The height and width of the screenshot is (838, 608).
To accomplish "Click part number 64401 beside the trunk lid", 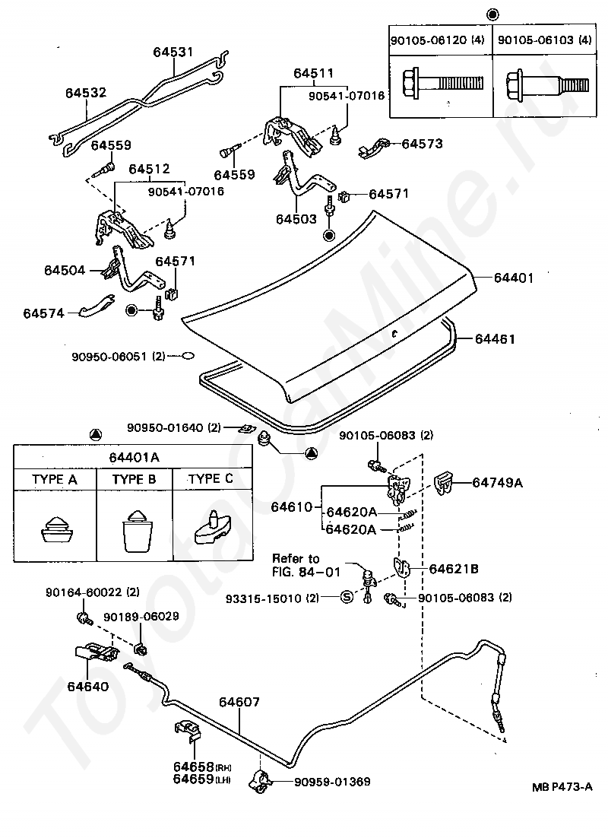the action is point(513,278).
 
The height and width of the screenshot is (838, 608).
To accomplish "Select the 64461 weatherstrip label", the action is point(495,339).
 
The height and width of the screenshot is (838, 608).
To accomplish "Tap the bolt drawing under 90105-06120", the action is point(442,83).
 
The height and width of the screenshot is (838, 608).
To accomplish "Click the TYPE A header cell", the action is point(55,479).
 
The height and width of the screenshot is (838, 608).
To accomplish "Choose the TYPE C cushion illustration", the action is point(213,529).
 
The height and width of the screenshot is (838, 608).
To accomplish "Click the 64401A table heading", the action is point(134,458).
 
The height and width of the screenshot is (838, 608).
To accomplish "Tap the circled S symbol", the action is point(347,597).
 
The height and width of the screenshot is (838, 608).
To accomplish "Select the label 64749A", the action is point(497,483).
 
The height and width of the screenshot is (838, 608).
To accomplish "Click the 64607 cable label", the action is point(239,702).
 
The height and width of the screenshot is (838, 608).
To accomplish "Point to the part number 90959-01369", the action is point(332,782).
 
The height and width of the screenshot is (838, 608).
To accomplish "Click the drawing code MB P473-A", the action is point(562,787).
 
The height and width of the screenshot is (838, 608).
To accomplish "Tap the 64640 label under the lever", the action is point(87,686).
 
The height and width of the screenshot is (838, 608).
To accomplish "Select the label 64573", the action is point(422,144).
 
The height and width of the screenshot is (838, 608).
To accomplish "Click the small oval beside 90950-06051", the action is point(187,355).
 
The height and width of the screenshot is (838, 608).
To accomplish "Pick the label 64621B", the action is point(454,569).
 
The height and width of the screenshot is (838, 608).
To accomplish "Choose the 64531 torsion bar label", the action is point(173,52).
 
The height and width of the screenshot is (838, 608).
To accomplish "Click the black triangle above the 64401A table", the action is point(95,434).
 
